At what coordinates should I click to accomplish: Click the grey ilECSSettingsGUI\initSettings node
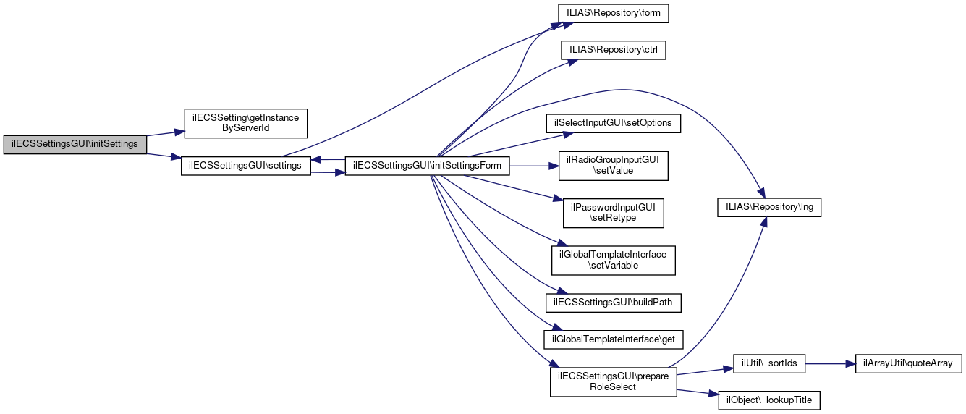point(75,144)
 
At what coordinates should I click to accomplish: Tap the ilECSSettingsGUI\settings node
point(245,165)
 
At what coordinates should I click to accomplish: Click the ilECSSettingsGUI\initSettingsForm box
point(428,165)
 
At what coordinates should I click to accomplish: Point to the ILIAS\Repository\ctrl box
point(614,51)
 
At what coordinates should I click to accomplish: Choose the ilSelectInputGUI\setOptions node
point(614,123)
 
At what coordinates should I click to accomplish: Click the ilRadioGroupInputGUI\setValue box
point(614,166)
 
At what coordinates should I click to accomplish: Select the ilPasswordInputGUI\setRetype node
point(614,212)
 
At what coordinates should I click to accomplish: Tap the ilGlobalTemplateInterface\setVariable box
point(614,261)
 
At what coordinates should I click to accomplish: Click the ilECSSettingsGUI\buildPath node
point(614,302)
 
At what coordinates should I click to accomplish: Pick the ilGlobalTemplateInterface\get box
point(614,338)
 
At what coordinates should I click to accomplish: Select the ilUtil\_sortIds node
point(769,363)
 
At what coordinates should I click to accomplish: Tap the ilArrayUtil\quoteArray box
point(908,363)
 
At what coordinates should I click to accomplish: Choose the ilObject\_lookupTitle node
point(769,400)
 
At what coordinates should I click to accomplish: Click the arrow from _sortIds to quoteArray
point(830,363)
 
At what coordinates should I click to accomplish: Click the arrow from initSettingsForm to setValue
point(532,166)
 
